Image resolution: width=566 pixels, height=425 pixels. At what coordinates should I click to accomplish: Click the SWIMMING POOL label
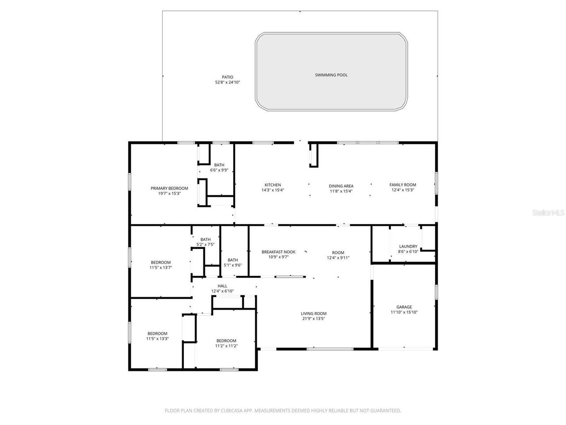coord(331,75)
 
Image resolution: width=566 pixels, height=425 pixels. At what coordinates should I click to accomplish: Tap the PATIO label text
coord(227,77)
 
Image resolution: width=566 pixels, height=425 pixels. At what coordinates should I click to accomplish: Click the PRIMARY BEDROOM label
coord(169,188)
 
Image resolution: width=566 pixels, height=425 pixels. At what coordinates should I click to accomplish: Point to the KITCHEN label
coord(273,185)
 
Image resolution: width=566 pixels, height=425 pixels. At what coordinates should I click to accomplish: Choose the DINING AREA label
coord(341,186)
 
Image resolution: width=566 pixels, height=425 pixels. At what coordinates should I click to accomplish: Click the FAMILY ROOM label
coord(402,185)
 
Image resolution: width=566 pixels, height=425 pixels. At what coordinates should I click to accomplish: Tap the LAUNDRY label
coord(408,247)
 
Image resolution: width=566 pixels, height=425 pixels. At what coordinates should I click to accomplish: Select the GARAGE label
coord(404,307)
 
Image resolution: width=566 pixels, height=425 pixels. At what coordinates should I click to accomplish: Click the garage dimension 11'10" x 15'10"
coord(404,313)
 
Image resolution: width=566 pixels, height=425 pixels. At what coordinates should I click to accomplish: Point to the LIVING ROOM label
coord(314,313)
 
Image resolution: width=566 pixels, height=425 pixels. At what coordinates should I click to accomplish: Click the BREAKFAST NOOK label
coord(278,251)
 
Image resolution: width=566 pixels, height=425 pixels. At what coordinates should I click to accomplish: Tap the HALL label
coord(222,286)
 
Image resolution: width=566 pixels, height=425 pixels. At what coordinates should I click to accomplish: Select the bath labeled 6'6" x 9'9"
coord(219,165)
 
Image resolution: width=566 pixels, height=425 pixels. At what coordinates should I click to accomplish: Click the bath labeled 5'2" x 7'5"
coord(205,240)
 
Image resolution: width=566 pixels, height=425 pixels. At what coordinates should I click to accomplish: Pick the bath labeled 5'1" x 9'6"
coord(233,260)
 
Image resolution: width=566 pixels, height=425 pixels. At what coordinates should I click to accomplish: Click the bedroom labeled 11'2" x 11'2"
coord(226,340)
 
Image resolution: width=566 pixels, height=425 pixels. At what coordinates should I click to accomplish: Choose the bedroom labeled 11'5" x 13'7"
coord(161,263)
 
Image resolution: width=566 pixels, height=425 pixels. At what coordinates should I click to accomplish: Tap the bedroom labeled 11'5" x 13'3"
coord(157,333)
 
